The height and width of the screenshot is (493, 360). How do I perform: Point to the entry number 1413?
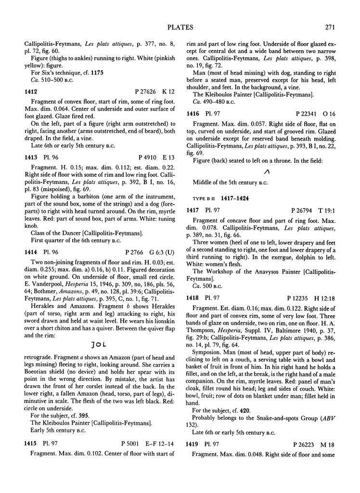(32, 156)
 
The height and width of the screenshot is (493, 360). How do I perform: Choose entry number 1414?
(32, 250)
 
